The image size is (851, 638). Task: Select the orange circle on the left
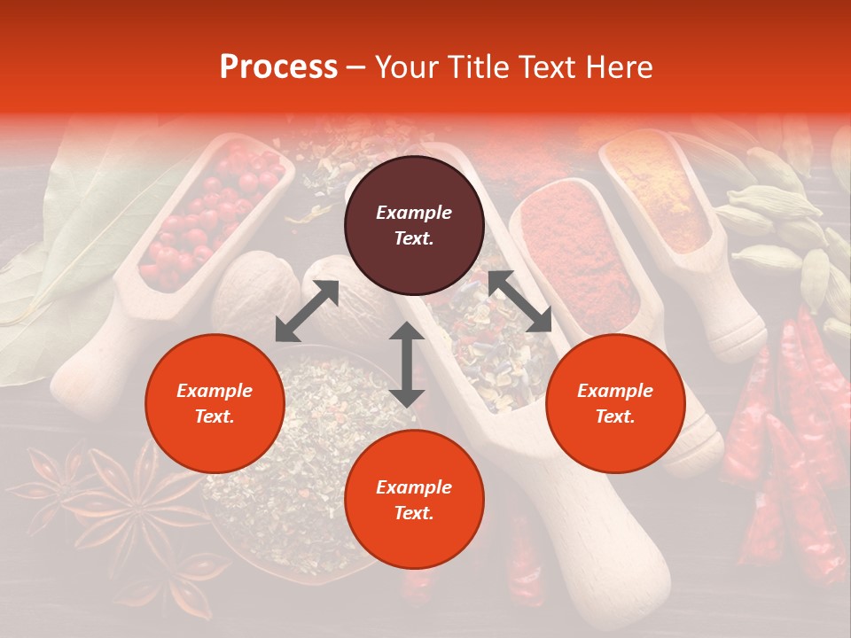click(215, 403)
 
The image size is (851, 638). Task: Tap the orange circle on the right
click(615, 403)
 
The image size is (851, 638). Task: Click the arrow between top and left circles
click(307, 311)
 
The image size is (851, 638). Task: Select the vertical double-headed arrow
click(406, 364)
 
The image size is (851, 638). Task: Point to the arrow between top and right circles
click(519, 301)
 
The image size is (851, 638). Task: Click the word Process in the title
click(278, 67)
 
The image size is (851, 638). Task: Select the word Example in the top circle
click(414, 213)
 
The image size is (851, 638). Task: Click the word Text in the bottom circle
click(414, 513)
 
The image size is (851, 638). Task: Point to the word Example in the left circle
click(215, 391)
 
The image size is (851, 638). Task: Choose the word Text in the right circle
click(615, 416)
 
